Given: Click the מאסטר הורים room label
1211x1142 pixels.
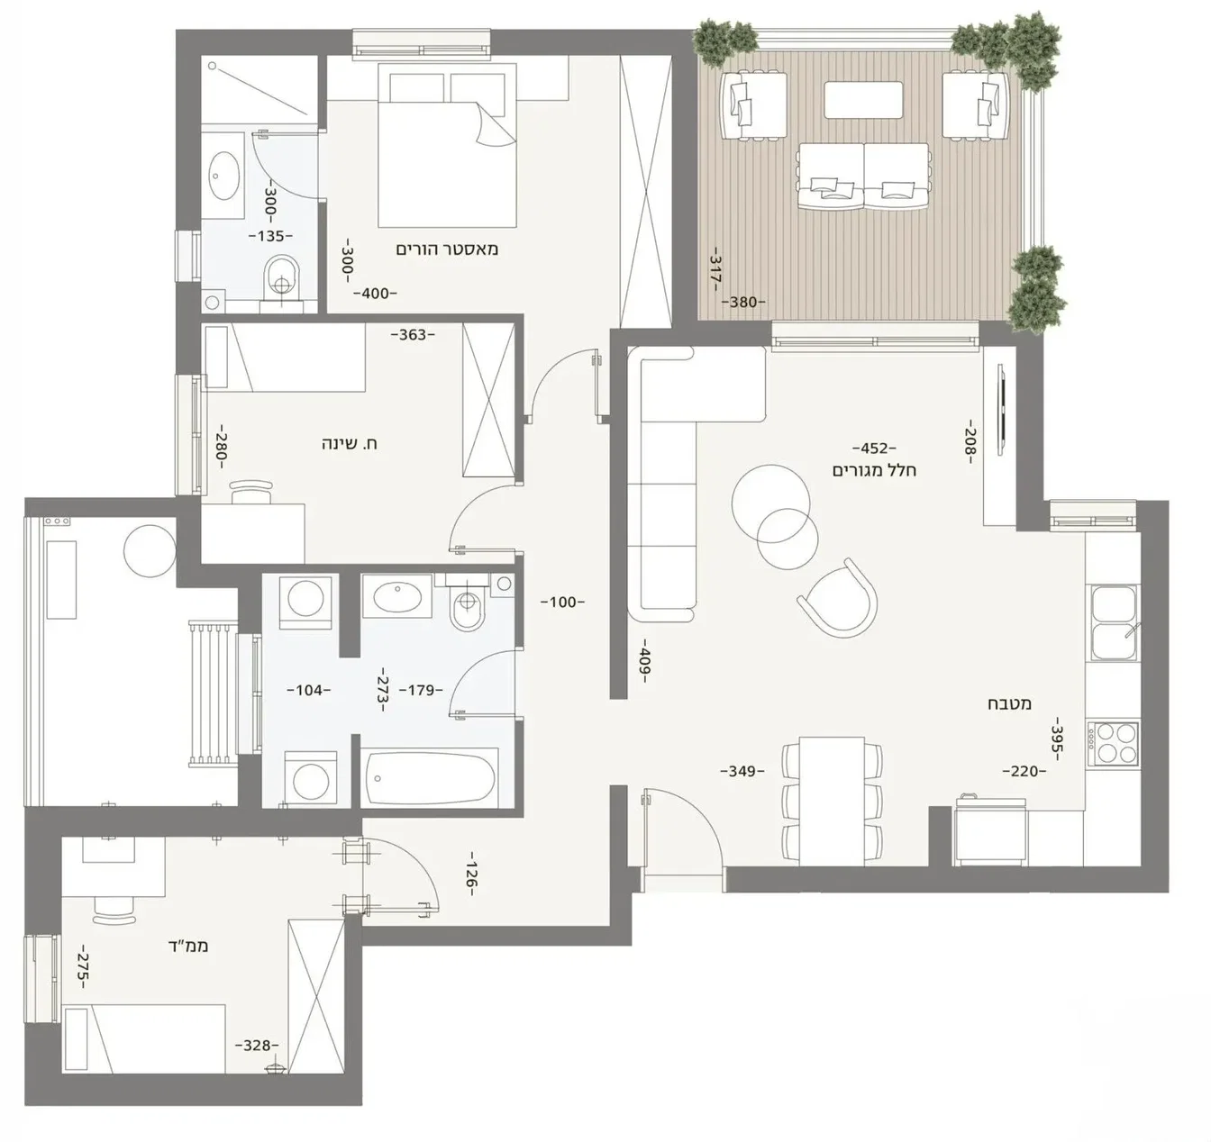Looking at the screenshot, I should coord(447,249).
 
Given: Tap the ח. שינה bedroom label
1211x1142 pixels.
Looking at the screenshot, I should coord(350,444).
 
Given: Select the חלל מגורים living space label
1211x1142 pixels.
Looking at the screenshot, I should coord(874,470).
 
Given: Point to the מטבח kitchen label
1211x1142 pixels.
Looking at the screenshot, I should coord(1015,703).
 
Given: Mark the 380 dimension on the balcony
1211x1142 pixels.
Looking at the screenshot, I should coord(742,303).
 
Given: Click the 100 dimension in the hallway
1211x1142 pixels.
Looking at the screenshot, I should coord(562,602).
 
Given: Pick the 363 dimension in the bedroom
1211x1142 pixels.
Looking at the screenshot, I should coord(413,335).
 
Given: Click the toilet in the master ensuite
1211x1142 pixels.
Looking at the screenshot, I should coord(283,276).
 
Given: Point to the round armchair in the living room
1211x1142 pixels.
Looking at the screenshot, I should coord(838,599).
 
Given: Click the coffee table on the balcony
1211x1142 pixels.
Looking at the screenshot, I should coord(863,99).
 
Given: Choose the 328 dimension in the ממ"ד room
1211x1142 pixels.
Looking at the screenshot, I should coord(257,1046).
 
